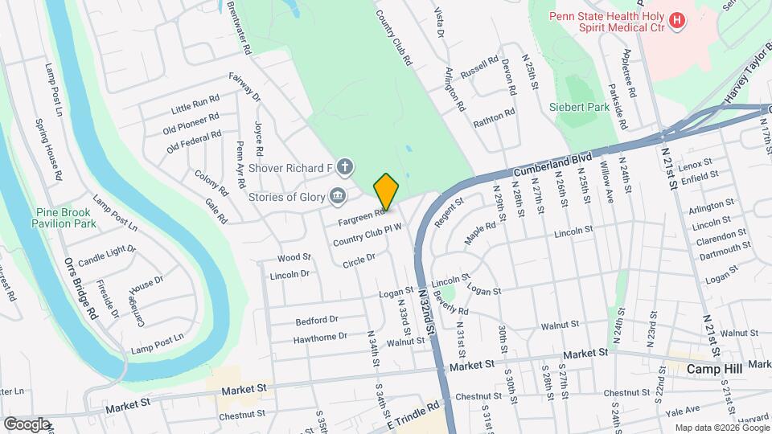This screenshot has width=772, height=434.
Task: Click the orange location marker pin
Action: pos(386,192)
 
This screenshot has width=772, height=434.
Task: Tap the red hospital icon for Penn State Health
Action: pos(677,19)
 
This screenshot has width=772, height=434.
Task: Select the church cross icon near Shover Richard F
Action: pos(344,167)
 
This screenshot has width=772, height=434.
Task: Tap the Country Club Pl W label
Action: pos(367,235)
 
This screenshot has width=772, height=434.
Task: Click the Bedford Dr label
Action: pos(317,320)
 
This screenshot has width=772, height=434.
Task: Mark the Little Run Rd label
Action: pos(195,105)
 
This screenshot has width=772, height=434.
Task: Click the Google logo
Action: pos(27,424)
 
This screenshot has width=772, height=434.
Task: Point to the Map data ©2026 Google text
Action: pos(721,428)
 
